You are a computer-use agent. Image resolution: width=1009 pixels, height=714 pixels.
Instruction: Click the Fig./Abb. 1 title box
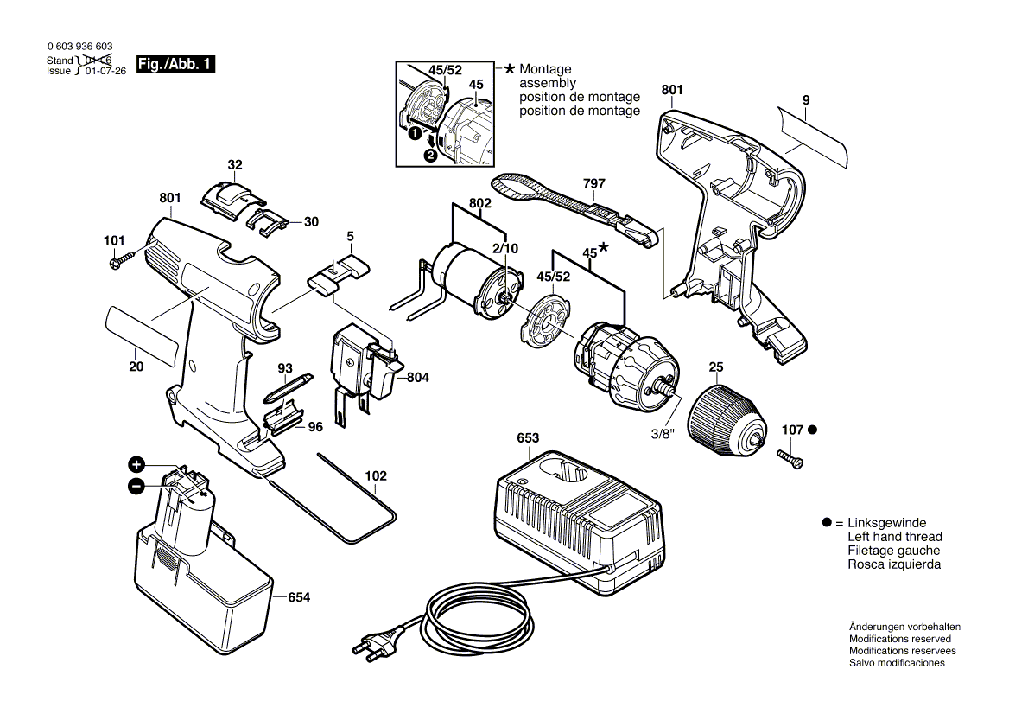[x=176, y=65]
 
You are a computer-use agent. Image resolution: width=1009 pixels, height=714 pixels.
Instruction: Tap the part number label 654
[x=299, y=597]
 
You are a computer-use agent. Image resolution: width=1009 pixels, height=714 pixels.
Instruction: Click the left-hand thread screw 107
[x=790, y=459]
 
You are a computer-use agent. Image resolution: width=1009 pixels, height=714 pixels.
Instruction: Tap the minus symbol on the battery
[x=136, y=487]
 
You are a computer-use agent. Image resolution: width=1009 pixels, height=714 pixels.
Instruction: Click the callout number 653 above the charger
[x=528, y=438]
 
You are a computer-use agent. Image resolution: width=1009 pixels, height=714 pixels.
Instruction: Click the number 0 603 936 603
[x=78, y=46]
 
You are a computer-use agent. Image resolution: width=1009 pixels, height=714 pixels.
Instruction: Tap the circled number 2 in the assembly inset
[x=429, y=156]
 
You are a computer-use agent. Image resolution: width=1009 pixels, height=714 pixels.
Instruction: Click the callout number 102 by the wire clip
[x=376, y=475]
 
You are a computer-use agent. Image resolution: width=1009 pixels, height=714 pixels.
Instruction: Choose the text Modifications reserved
[x=899, y=639]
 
